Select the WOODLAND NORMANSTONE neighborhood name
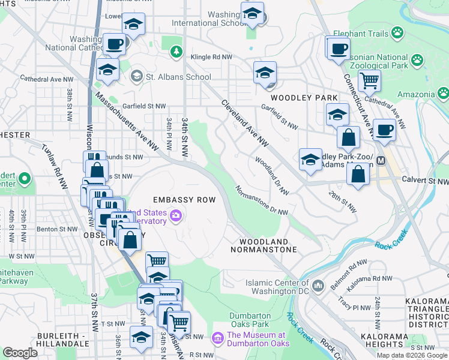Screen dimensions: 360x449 [x=265, y=245]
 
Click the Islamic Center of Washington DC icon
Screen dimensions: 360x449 [x=318, y=284]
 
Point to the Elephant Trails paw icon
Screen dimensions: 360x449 [x=397, y=32]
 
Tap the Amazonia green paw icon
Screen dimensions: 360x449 [x=442, y=94]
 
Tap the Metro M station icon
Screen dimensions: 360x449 [x=380, y=161]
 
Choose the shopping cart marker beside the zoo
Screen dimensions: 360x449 [x=370, y=80]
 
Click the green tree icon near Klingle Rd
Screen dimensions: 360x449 [x=176, y=52]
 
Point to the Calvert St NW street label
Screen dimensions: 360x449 [x=426, y=181]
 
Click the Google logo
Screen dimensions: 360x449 [x=20, y=352]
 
